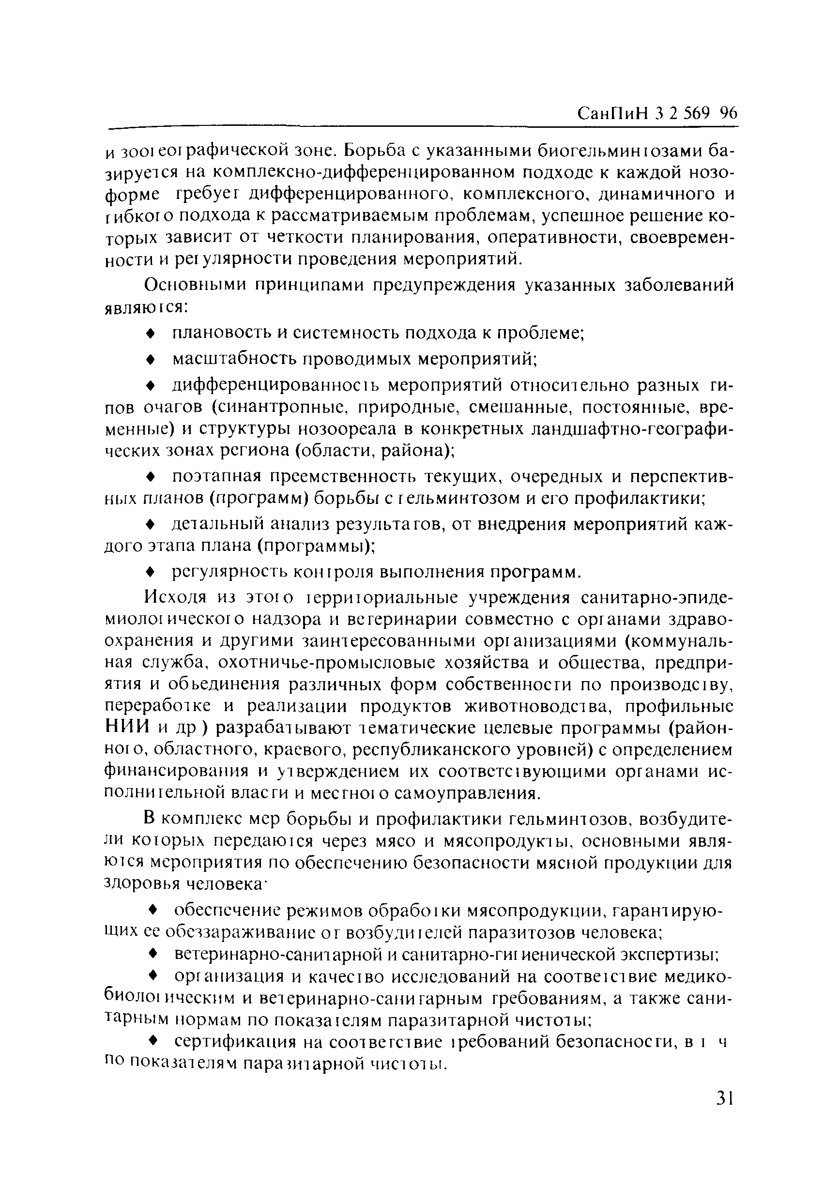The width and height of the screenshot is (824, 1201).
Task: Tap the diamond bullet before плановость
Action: [x=151, y=334]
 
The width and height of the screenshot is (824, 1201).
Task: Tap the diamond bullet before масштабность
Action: [x=151, y=359]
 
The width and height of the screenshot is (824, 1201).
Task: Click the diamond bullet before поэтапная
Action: [x=151, y=476]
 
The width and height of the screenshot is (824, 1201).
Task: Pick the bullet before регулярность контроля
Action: [x=151, y=572]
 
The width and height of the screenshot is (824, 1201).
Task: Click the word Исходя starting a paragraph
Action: [x=175, y=598]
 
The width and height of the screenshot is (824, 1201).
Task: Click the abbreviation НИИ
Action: [x=127, y=728]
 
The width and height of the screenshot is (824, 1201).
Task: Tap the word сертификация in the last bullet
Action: [x=235, y=1042]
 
